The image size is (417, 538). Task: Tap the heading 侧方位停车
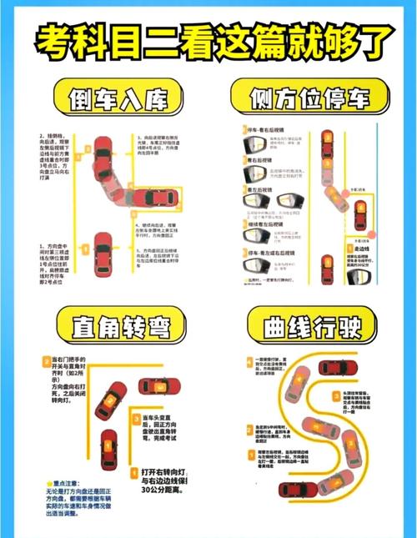[x=310, y=99]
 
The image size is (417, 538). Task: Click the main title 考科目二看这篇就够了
[x=208, y=42]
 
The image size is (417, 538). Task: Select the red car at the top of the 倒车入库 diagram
[x=101, y=153]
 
